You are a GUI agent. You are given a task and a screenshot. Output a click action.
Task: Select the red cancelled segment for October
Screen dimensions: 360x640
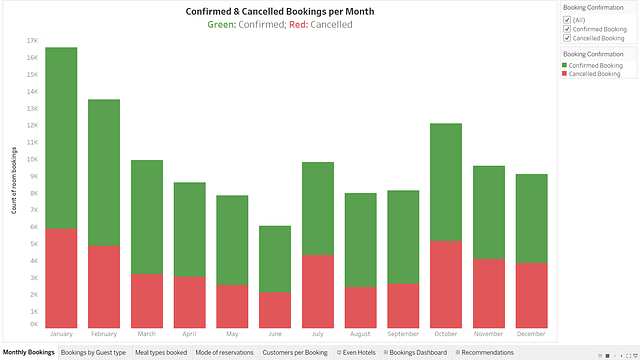pyautogui.click(x=446, y=284)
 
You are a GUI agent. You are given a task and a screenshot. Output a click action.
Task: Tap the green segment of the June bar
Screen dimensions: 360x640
pyautogui.click(x=275, y=258)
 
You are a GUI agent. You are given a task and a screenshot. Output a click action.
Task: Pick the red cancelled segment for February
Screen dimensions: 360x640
pyautogui.click(x=104, y=286)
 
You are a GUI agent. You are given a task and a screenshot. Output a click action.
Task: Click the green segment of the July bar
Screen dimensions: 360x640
pyautogui.click(x=317, y=208)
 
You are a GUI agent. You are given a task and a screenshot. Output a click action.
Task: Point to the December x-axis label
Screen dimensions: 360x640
pyautogui.click(x=531, y=333)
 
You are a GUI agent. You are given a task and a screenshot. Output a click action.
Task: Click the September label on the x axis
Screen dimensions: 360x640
pyautogui.click(x=403, y=333)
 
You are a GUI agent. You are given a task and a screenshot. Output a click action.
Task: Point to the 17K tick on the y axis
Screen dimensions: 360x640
pyautogui.click(x=32, y=41)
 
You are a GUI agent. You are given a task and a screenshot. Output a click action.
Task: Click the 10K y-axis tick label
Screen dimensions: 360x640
pyautogui.click(x=32, y=159)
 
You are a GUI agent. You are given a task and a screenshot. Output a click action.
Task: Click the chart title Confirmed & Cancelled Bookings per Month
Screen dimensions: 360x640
pyautogui.click(x=279, y=10)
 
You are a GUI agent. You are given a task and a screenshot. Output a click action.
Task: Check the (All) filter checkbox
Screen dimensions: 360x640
pyautogui.click(x=566, y=20)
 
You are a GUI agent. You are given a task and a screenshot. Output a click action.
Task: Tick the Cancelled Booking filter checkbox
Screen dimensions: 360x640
pyautogui.click(x=566, y=38)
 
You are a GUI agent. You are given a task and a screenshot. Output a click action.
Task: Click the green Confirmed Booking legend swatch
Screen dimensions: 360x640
pyautogui.click(x=566, y=65)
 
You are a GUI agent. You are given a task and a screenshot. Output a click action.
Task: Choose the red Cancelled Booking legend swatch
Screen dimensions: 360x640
pyautogui.click(x=566, y=74)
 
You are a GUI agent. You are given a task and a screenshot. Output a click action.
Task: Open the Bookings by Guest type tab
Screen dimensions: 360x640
pyautogui.click(x=93, y=352)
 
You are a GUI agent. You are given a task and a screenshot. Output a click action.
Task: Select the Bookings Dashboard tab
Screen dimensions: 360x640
pyautogui.click(x=416, y=352)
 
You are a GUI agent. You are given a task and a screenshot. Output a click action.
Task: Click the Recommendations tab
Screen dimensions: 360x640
pyautogui.click(x=486, y=352)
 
